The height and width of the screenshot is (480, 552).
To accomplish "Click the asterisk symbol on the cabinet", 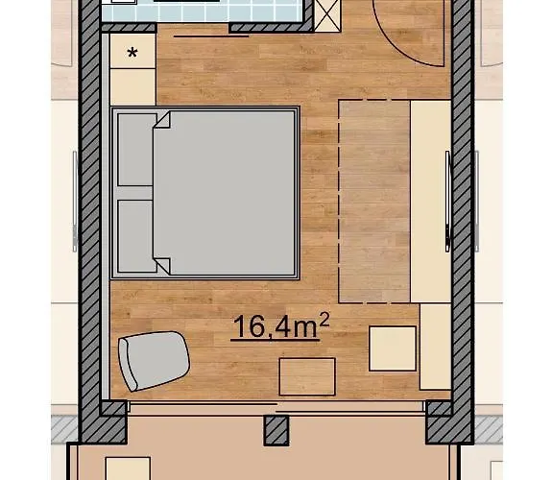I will coord(132,52).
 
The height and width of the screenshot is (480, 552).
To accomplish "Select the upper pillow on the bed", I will coord(135,149).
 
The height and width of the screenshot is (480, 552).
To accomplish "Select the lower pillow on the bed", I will coord(135,235).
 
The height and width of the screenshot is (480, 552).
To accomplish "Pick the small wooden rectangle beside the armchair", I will coord(306,374).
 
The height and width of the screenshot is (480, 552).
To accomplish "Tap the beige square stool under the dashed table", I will coord(394,348).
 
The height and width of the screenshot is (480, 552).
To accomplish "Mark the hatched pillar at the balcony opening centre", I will coord(276,430).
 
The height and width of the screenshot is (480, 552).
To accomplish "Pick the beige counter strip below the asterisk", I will coord(132,87).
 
